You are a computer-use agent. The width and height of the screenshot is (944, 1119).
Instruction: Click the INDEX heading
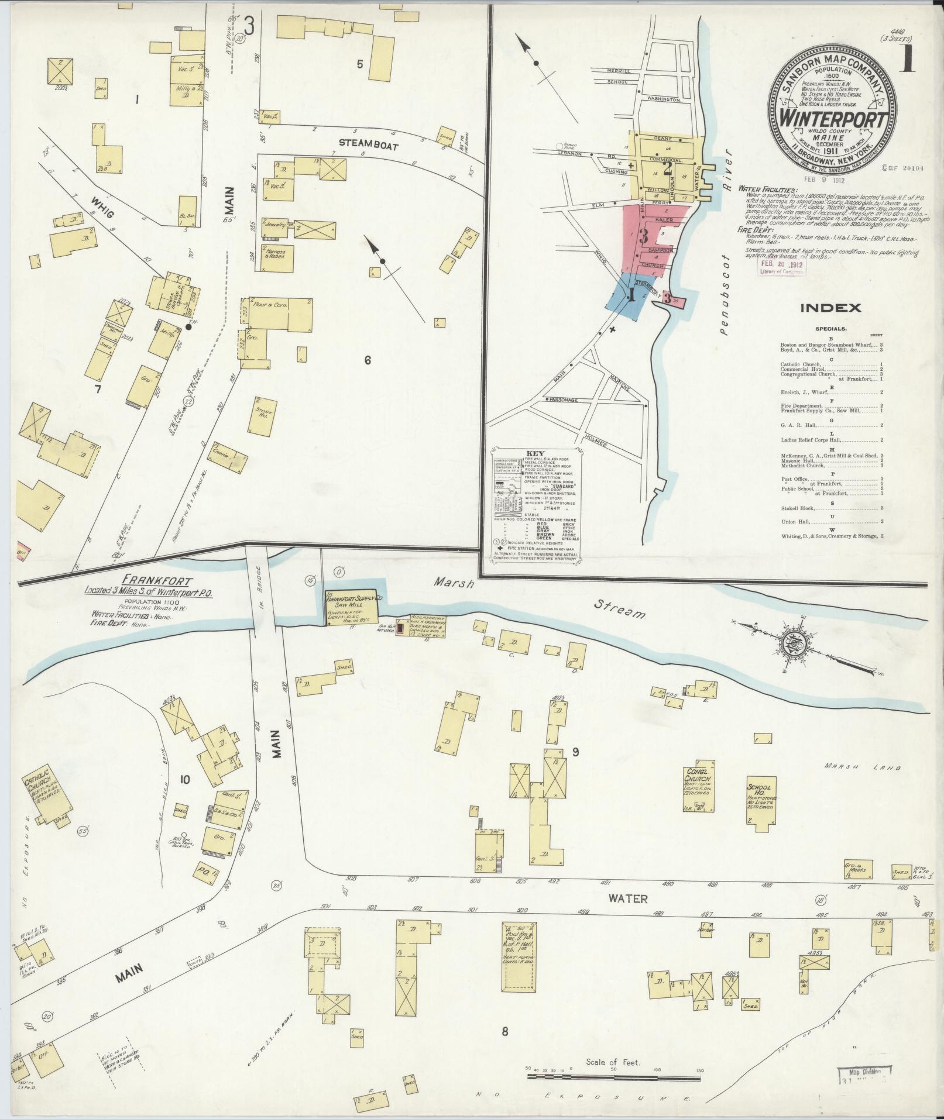point(830,308)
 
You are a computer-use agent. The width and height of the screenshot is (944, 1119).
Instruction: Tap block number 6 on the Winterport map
point(368,360)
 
